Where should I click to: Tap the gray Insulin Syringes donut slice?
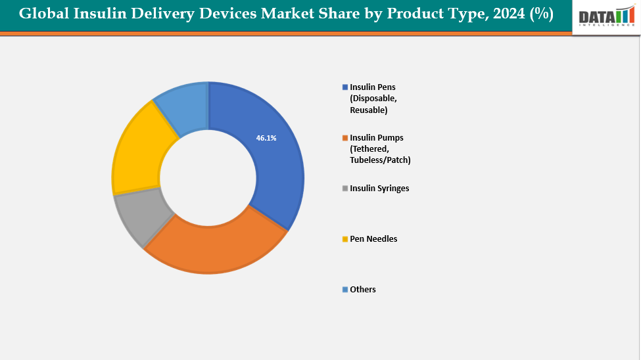click(141, 217)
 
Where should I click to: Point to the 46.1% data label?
click(266, 138)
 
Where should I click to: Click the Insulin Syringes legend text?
click(379, 189)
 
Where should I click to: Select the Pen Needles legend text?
click(373, 239)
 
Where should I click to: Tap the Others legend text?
click(363, 290)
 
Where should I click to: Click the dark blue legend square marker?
click(345, 87)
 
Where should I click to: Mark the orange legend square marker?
click(345, 138)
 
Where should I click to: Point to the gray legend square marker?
click(345, 189)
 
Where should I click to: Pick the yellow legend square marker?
click(345, 239)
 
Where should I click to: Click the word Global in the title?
click(43, 14)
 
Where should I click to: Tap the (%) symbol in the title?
click(541, 14)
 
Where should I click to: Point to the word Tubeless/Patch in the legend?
click(380, 160)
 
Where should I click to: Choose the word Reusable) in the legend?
click(369, 110)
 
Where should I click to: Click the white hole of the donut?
click(208, 178)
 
